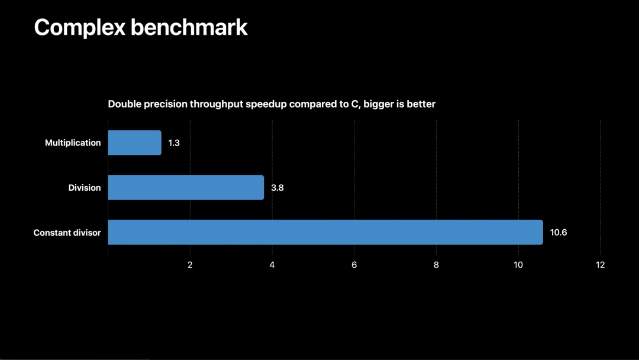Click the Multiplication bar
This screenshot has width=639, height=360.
[x=134, y=143]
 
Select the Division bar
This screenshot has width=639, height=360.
[x=186, y=188]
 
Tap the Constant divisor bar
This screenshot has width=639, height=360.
[x=325, y=232]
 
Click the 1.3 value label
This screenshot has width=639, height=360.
[x=174, y=143]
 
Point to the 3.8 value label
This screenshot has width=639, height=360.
[x=277, y=188]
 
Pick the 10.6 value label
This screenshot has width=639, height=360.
[x=558, y=232]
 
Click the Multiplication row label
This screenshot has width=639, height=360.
[x=73, y=143]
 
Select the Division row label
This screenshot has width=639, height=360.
[x=84, y=188]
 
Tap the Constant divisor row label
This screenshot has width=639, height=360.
[x=67, y=233]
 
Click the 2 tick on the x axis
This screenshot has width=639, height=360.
[x=190, y=265]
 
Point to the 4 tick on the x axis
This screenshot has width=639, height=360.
[x=272, y=265]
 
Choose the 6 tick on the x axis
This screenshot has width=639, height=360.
[x=354, y=265]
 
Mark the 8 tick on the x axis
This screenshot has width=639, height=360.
[x=436, y=265]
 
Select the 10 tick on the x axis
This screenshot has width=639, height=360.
[x=518, y=265]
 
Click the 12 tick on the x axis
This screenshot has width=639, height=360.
[x=601, y=265]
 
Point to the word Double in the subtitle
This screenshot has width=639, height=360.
[x=124, y=104]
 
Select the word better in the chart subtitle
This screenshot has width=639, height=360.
[x=421, y=104]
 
